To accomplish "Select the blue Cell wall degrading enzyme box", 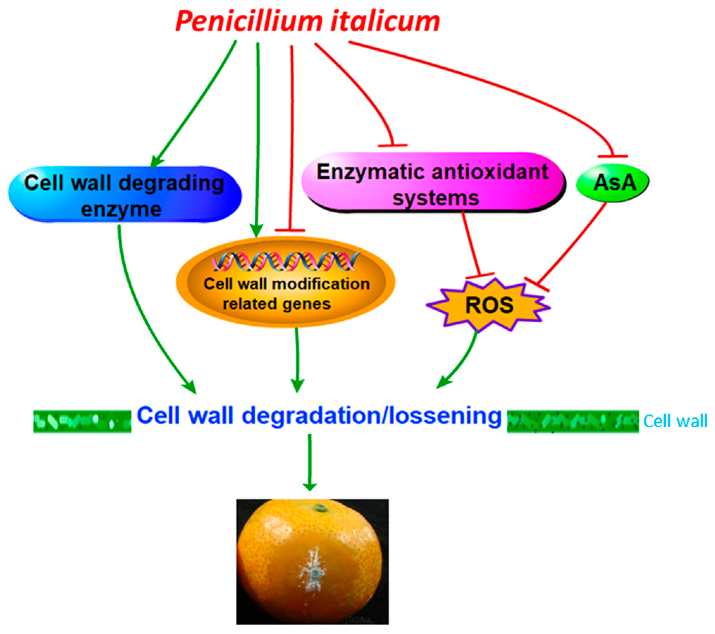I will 125,195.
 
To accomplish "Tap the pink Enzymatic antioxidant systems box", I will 433,183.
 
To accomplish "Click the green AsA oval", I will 613,183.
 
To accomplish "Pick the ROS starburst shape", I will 488,305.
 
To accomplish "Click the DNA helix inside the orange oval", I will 285,262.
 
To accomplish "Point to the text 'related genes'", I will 277,304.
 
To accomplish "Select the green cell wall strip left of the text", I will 82,421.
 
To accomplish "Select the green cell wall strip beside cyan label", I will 572,421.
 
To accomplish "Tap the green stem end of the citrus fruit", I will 320,508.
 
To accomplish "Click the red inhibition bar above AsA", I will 613,156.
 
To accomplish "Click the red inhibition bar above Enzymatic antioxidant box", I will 392,145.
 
